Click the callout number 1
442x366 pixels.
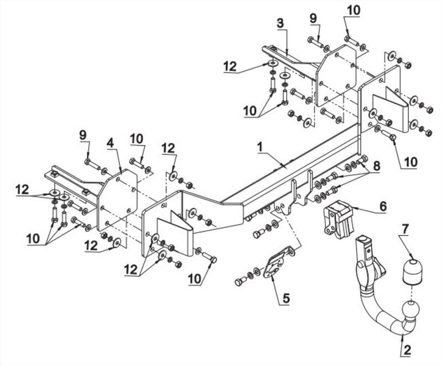tap(260, 147)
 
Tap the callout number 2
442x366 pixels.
tap(407, 350)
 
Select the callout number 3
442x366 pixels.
tap(280, 24)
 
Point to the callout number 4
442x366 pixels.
tap(110, 143)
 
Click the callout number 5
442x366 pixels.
tap(286, 298)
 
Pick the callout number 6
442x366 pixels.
tap(383, 207)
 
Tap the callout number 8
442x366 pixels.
tap(376, 166)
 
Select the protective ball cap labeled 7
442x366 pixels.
tap(412, 271)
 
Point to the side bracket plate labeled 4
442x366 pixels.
tap(117, 200)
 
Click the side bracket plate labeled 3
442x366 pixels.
tap(336, 76)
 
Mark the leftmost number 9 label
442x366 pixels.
tap(82, 135)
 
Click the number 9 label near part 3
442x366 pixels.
tap(313, 19)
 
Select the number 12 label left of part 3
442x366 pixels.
tap(230, 67)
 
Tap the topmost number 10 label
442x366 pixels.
tap(354, 11)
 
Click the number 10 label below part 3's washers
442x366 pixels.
tap(251, 111)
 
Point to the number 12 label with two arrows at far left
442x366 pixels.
tap(22, 189)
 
